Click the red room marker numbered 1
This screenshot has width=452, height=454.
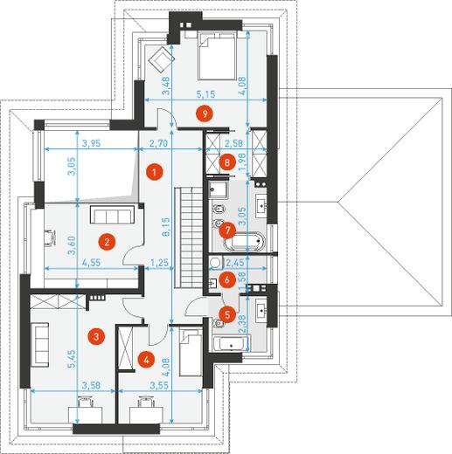tap(155, 172)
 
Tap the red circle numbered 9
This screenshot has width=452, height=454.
tap(205, 113)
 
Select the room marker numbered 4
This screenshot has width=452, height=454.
tap(146, 360)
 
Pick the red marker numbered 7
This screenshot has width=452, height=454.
tap(227, 230)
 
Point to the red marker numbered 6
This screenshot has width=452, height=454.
tap(227, 280)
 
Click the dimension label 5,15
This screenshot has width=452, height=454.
tap(205, 94)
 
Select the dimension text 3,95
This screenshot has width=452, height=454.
tap(91, 143)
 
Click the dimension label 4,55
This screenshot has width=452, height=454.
tap(91, 263)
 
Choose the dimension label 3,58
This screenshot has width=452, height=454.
tap(91, 385)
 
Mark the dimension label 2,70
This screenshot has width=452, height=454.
tap(159, 143)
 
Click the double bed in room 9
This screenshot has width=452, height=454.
tap(217, 56)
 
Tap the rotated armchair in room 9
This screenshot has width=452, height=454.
tap(161, 59)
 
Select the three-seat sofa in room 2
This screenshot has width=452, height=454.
tap(112, 215)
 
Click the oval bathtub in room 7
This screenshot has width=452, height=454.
tap(245, 241)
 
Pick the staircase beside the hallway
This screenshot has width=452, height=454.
tap(189, 237)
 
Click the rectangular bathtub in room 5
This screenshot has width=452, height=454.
tap(231, 343)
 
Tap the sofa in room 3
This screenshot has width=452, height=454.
tap(40, 343)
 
